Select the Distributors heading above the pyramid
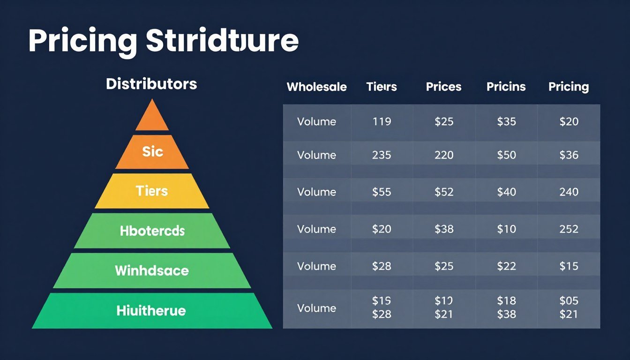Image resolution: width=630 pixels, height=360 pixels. [x=151, y=84]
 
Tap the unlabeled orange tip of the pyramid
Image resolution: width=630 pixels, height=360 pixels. [x=152, y=117]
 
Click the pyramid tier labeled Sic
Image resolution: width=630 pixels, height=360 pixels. [x=152, y=152]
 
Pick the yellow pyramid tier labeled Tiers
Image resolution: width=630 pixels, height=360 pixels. [x=152, y=191]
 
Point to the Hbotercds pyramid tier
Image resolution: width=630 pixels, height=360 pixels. [x=152, y=231]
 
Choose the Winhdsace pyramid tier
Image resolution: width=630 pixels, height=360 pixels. [x=152, y=270]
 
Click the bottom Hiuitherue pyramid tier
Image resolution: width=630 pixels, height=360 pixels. [x=151, y=310]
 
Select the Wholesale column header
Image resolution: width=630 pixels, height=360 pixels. [x=316, y=87]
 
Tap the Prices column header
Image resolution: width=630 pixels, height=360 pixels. [x=443, y=87]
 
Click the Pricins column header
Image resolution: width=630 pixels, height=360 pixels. [x=506, y=87]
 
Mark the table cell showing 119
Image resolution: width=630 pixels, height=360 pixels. [x=382, y=122]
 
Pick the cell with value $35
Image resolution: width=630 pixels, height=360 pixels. [x=506, y=122]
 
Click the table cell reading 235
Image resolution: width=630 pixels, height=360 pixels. [x=382, y=155]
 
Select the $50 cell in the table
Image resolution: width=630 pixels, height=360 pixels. [x=506, y=155]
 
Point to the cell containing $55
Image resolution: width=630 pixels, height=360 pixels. [x=382, y=192]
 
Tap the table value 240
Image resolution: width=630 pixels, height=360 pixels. [x=569, y=192]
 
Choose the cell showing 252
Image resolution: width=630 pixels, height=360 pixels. [x=569, y=229]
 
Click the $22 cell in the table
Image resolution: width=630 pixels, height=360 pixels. [x=506, y=266]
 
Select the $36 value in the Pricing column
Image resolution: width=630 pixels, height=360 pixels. [x=569, y=155]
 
